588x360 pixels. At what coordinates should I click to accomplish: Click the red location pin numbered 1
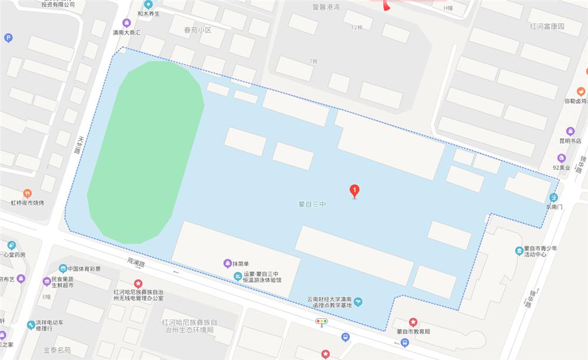pyautogui.click(x=355, y=191)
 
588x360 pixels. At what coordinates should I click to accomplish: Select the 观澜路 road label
pyautogui.click(x=136, y=259)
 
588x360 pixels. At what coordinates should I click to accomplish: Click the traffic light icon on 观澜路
pyautogui.click(x=321, y=321)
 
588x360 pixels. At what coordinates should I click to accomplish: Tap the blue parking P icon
pyautogui.click(x=8, y=38)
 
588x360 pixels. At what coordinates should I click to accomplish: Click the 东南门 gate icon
pyautogui.click(x=553, y=197)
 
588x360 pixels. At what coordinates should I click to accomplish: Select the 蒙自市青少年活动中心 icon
pyautogui.click(x=519, y=251)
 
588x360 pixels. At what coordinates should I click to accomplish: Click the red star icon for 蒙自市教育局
pyautogui.click(x=413, y=322)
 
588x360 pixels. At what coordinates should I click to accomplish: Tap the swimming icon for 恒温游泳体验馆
pyautogui.click(x=237, y=277)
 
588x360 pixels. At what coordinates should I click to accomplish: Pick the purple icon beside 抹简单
pyautogui.click(x=227, y=263)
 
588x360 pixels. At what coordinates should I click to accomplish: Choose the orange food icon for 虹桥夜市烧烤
pyautogui.click(x=27, y=193)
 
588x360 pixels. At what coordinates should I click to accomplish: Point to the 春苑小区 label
pyautogui.click(x=197, y=29)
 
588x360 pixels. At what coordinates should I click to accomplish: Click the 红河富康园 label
pyautogui.click(x=547, y=26)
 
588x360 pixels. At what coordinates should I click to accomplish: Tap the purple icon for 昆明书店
pyautogui.click(x=570, y=131)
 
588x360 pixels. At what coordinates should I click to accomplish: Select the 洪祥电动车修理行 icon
pyautogui.click(x=31, y=325)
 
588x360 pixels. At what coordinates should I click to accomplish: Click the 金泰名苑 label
pyautogui.click(x=57, y=350)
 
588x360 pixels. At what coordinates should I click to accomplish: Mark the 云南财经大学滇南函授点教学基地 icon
pyautogui.click(x=358, y=302)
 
